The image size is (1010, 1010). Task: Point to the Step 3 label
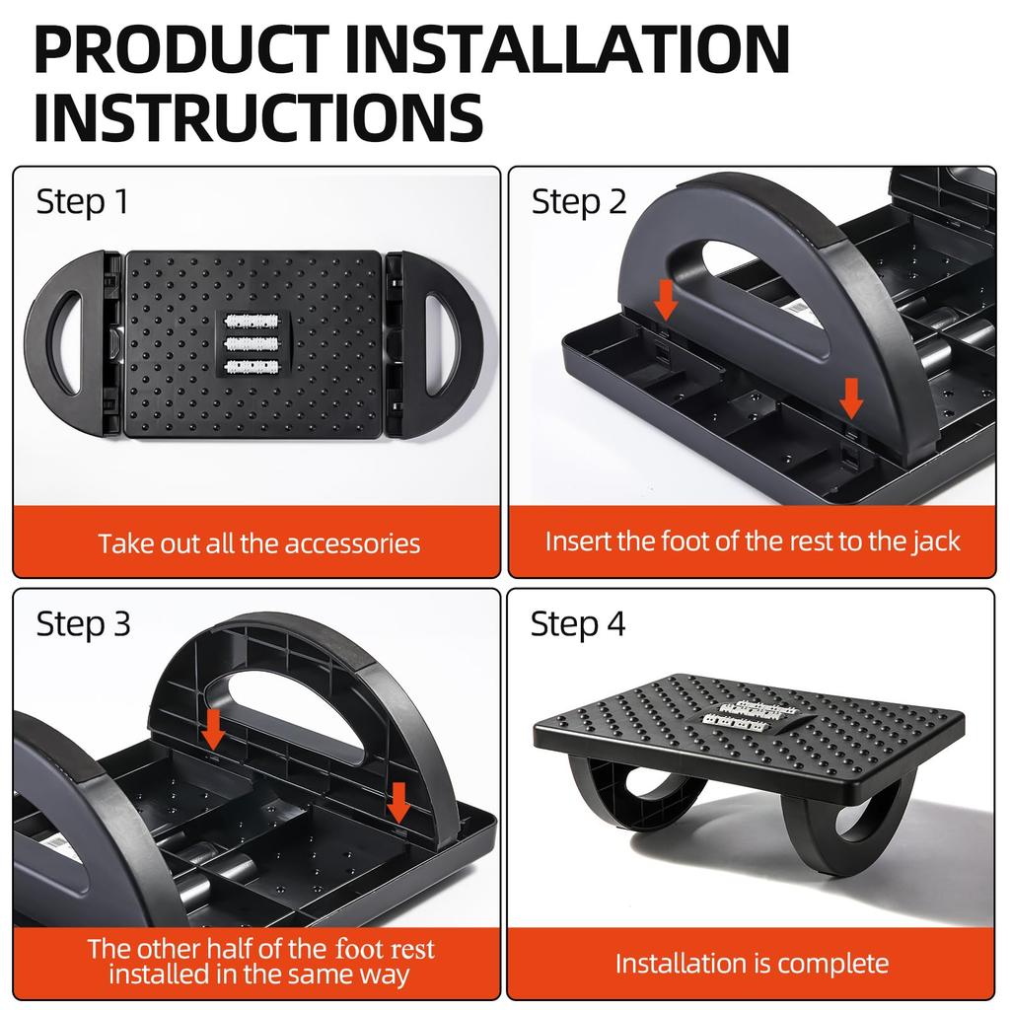coord(83,623)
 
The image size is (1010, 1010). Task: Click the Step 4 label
coord(578,623)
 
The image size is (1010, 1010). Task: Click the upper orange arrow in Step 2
coord(667,298)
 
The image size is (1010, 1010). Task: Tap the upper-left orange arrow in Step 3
coord(212,729)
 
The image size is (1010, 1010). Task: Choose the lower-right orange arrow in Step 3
coord(398,801)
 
